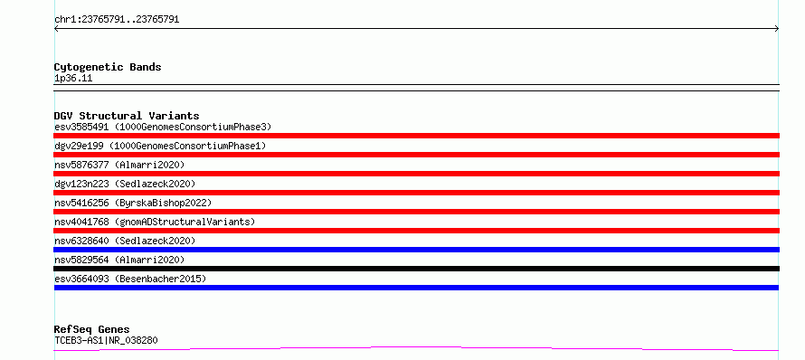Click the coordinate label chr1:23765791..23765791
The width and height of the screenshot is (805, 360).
[x=117, y=20]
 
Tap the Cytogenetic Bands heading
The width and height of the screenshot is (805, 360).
[x=108, y=67]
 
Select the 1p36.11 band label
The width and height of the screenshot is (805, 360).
[x=73, y=79]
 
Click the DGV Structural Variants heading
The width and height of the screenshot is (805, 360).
[x=127, y=116]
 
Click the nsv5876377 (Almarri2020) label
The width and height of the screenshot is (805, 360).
[x=119, y=165]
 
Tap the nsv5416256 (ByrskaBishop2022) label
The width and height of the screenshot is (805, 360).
[x=133, y=203]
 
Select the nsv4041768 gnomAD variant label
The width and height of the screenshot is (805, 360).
[x=155, y=222]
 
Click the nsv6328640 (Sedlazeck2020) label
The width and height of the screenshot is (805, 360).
[x=125, y=241]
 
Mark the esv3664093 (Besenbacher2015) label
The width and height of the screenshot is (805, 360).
[x=130, y=279]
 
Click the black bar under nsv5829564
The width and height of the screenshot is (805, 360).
[x=416, y=269]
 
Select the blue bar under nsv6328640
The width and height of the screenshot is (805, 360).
[x=416, y=250]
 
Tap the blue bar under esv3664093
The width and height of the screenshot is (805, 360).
[x=416, y=288]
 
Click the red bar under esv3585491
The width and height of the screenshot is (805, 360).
[x=416, y=136]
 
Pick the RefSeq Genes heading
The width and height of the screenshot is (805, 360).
[x=92, y=329]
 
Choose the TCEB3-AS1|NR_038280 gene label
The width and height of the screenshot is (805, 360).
[x=106, y=340]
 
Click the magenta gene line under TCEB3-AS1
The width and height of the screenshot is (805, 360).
[x=416, y=348]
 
